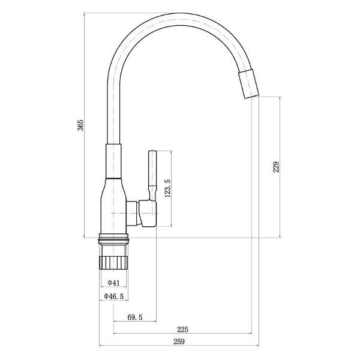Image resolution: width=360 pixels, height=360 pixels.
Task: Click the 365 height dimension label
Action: tap(80, 125)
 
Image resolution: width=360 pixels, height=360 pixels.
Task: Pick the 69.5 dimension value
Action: tap(134, 317)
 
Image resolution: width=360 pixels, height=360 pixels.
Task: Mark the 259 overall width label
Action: tap(178, 342)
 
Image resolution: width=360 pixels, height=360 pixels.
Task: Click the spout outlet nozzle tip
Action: tap(248, 83)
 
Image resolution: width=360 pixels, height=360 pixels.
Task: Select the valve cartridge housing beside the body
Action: tap(147, 214)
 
